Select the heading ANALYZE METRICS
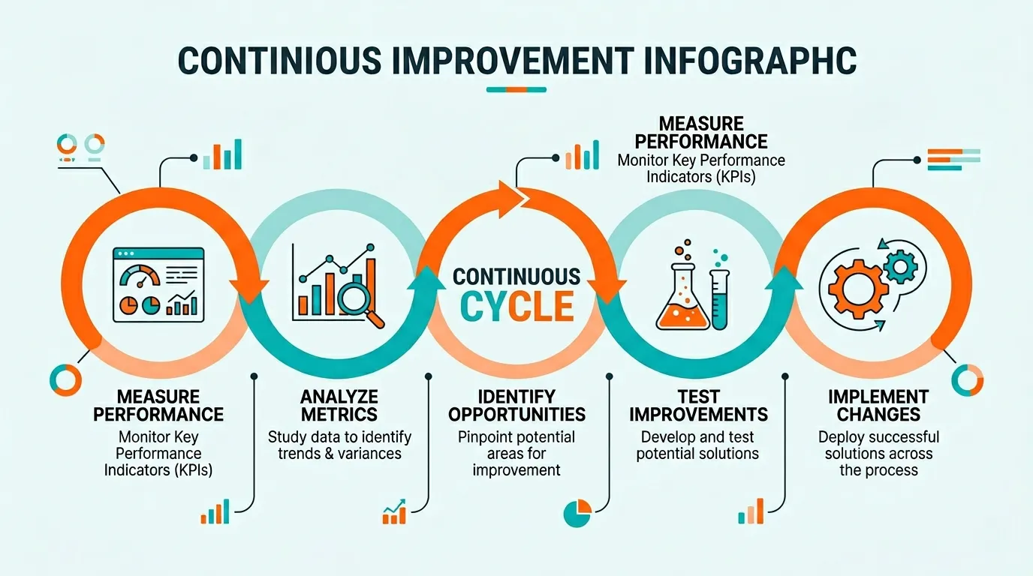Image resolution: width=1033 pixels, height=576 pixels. click(x=339, y=405)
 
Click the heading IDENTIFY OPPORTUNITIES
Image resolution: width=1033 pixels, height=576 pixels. click(x=516, y=405)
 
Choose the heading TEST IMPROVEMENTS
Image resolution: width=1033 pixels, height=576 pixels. click(x=698, y=405)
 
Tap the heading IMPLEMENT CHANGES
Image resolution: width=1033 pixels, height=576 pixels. click(x=878, y=405)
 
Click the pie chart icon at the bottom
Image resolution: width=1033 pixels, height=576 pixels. click(x=577, y=513)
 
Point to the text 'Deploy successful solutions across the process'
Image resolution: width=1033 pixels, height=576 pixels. click(x=878, y=453)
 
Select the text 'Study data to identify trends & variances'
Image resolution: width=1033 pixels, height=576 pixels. click(x=339, y=445)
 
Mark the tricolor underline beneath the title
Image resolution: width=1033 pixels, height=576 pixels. click(x=516, y=90)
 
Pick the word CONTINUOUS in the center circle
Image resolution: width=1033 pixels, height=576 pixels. click(x=516, y=276)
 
